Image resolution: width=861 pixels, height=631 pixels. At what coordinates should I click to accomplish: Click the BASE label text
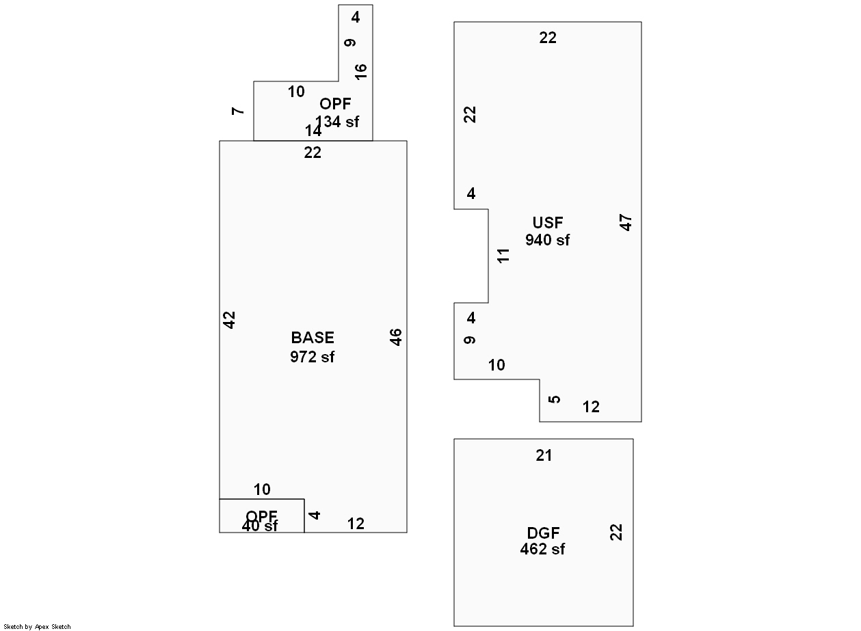pyautogui.click(x=313, y=338)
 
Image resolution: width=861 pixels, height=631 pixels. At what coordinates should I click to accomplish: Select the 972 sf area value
pyautogui.click(x=313, y=356)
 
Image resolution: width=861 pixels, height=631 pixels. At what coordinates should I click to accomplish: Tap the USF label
pyautogui.click(x=548, y=223)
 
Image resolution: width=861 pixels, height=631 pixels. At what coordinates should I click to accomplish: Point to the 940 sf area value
pyautogui.click(x=547, y=240)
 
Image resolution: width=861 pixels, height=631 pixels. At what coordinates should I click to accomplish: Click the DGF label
pyautogui.click(x=543, y=533)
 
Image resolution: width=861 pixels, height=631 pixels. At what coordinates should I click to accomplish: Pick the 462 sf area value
pyautogui.click(x=542, y=549)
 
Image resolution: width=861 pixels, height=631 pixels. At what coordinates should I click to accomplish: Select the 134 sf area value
pyautogui.click(x=337, y=122)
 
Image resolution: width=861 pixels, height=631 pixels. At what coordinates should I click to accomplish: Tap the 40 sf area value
pyautogui.click(x=260, y=526)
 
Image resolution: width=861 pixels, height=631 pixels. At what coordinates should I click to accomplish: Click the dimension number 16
pyautogui.click(x=361, y=70)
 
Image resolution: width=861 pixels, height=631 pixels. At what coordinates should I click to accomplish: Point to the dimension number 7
pyautogui.click(x=238, y=111)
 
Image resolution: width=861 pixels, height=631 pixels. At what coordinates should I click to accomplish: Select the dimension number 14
pyautogui.click(x=313, y=131)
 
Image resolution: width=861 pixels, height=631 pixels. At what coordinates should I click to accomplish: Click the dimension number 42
pyautogui.click(x=230, y=319)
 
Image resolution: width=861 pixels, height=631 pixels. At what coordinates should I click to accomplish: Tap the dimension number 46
pyautogui.click(x=396, y=337)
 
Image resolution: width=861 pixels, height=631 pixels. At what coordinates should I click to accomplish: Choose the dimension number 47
pyautogui.click(x=626, y=223)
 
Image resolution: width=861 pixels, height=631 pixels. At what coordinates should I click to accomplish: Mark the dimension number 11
pyautogui.click(x=504, y=256)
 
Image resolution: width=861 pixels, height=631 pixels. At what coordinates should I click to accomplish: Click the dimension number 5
pyautogui.click(x=555, y=399)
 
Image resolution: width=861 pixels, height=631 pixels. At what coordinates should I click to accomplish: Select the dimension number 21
pyautogui.click(x=544, y=455)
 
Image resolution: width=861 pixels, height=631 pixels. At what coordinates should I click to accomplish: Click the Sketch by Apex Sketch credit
pyautogui.click(x=37, y=626)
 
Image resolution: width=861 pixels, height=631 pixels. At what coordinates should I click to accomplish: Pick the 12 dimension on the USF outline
pyautogui.click(x=591, y=407)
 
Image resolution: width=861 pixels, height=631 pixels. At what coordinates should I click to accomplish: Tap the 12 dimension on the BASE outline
pyautogui.click(x=356, y=524)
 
